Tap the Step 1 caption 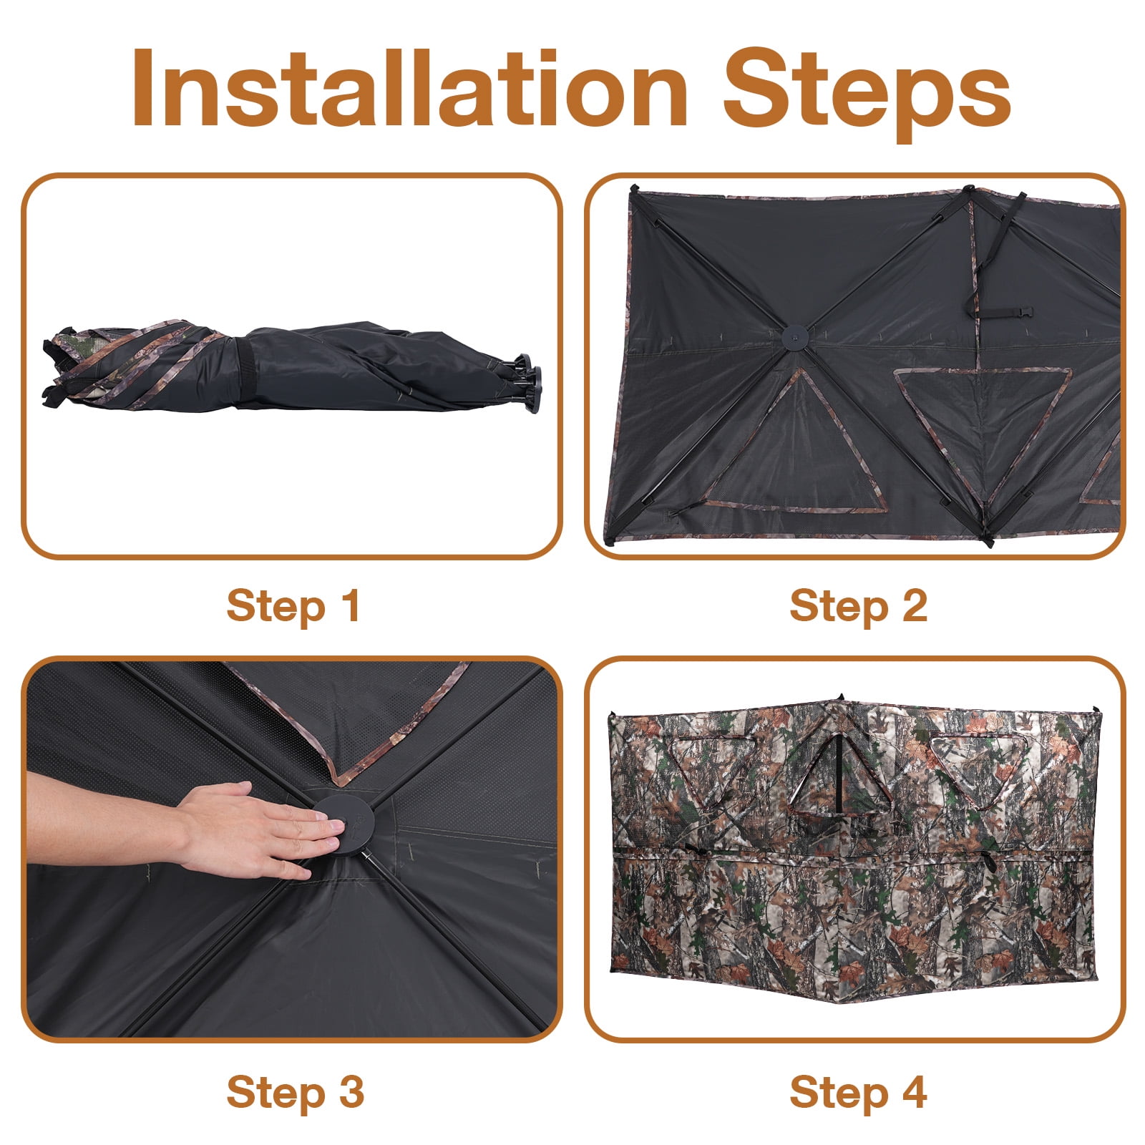[x=293, y=606]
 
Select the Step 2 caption [x=858, y=606]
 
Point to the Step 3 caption [x=295, y=1093]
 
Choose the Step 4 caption [x=858, y=1093]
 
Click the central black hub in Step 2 [x=794, y=336]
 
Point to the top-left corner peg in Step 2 [x=632, y=190]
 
